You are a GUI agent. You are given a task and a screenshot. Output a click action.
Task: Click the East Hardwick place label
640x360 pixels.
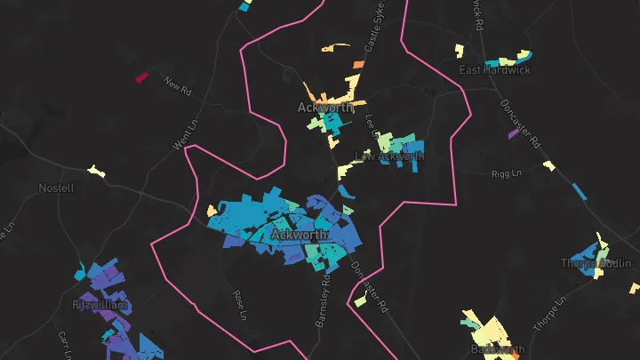pyautogui.click(x=494, y=69)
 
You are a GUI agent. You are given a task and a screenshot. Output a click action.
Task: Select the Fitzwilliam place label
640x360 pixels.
pyautogui.click(x=100, y=305)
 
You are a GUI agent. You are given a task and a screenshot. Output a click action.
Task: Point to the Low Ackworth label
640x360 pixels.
pyautogui.click(x=389, y=156)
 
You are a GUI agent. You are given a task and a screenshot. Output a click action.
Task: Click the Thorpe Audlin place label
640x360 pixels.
pyautogui.click(x=595, y=263)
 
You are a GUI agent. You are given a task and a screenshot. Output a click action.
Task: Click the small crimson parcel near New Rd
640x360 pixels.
pyautogui.click(x=140, y=78)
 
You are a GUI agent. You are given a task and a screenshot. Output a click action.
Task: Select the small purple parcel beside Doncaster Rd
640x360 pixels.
pyautogui.click(x=513, y=134)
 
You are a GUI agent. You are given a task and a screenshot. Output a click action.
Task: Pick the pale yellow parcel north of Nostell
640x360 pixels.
pyautogui.click(x=94, y=170)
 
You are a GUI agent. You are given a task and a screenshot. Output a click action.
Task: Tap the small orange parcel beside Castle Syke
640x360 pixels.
pyautogui.click(x=358, y=64)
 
